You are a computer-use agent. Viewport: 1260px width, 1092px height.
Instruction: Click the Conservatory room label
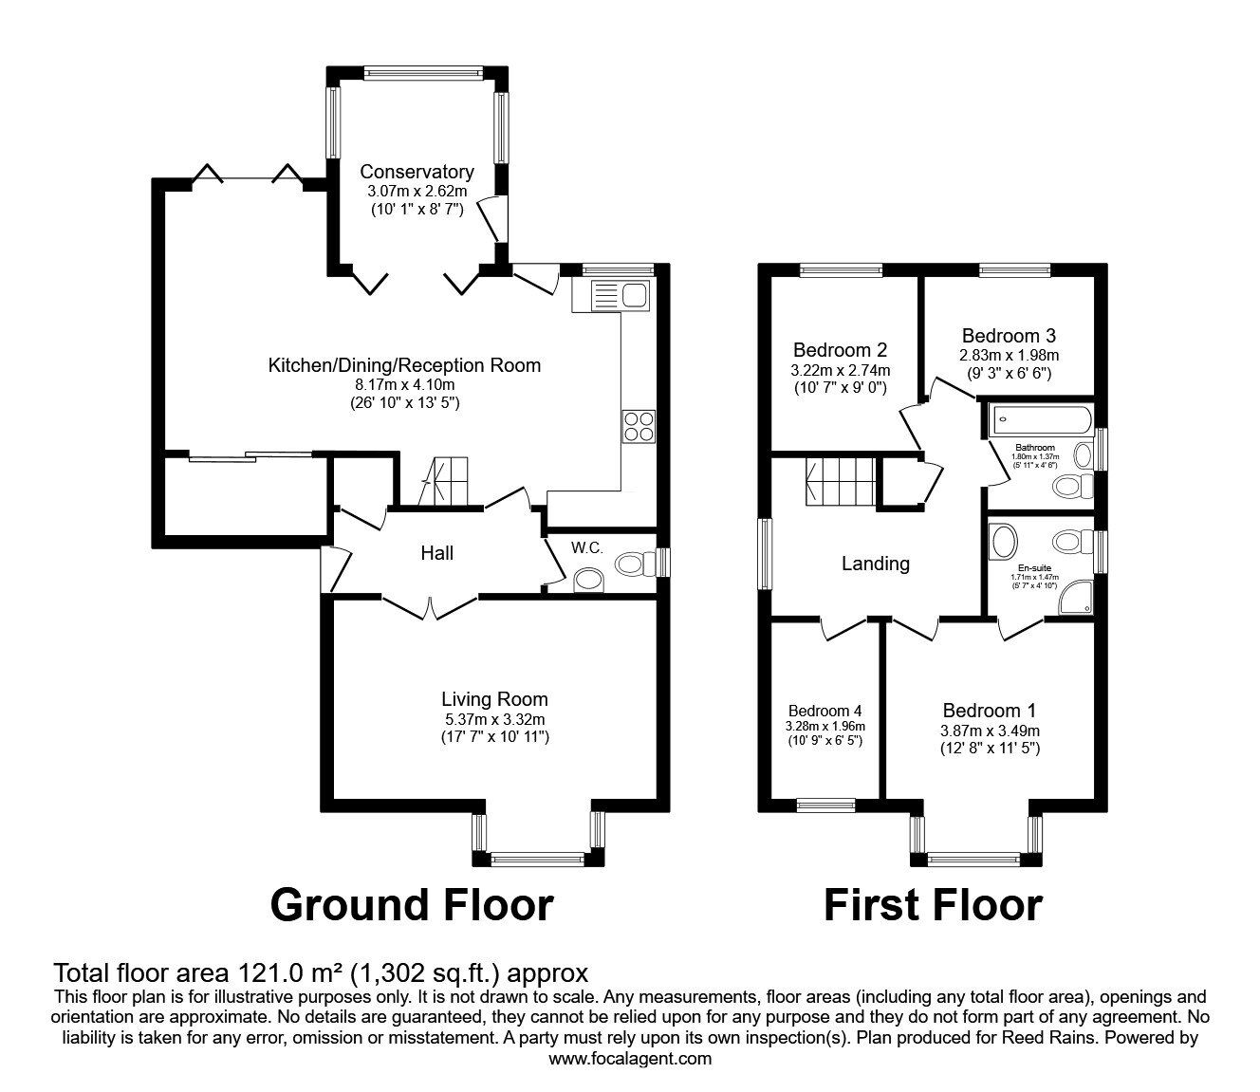(x=417, y=172)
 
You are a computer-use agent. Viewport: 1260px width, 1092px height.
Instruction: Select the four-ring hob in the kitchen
(x=638, y=426)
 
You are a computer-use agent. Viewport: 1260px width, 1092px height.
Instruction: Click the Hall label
(x=437, y=552)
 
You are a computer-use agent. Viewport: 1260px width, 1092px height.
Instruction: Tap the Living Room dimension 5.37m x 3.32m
(x=494, y=718)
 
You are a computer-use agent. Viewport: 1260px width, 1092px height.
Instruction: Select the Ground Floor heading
(x=411, y=904)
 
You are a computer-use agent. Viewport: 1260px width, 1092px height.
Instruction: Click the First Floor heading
(x=933, y=904)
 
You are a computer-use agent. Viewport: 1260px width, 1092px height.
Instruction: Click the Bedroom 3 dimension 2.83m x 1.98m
(x=1009, y=355)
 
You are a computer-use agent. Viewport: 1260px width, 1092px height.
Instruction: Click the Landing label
(x=876, y=564)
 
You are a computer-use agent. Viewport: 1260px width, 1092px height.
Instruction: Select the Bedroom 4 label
(x=825, y=711)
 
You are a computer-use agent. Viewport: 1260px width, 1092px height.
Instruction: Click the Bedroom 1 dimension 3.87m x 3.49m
(x=990, y=731)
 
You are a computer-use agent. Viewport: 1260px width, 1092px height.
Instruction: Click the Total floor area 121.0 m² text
(x=321, y=972)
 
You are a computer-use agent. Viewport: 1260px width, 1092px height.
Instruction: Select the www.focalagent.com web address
(x=630, y=1058)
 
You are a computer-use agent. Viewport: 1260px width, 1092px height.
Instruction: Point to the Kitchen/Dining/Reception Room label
(x=404, y=365)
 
